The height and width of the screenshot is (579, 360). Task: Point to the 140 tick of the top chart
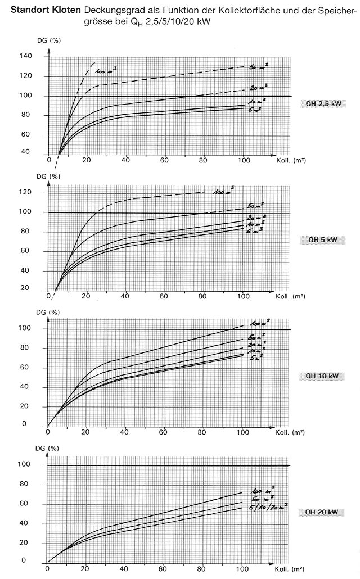[x=27, y=57]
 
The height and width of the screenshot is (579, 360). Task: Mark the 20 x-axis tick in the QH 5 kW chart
[x=86, y=296]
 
